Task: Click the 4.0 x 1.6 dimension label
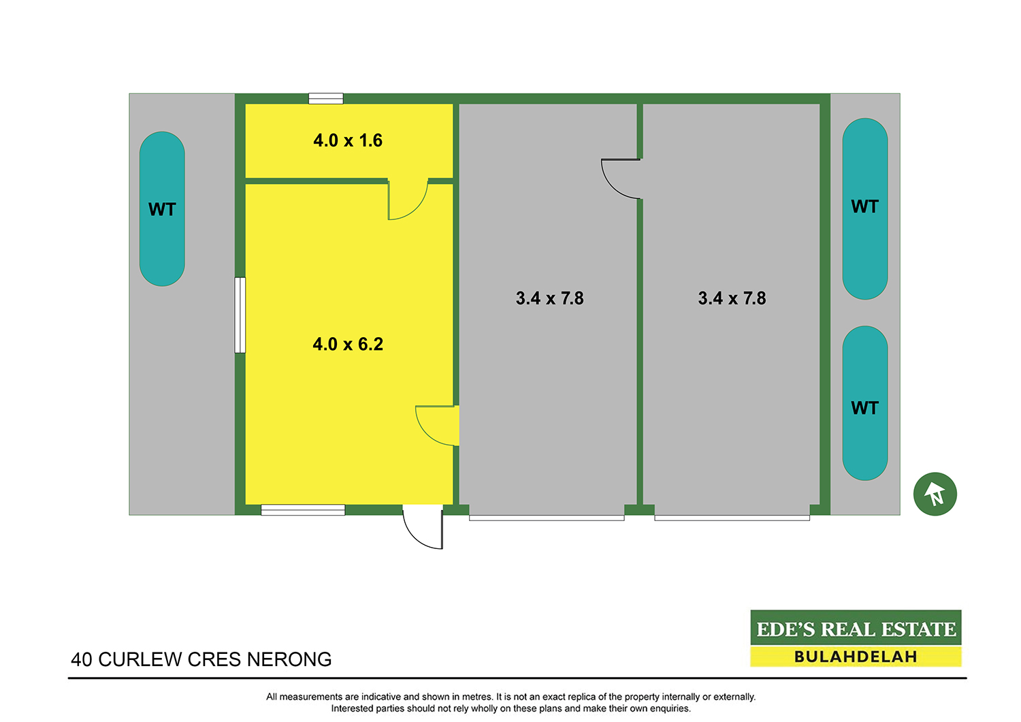click(348, 140)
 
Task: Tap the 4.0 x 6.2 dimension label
click(348, 345)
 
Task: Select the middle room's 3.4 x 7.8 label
click(550, 298)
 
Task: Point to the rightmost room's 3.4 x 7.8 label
click(732, 298)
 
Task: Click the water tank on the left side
click(162, 209)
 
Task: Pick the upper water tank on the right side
click(865, 209)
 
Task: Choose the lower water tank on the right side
click(865, 403)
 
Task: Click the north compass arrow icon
click(935, 494)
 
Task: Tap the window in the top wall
click(326, 99)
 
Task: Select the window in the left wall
click(240, 315)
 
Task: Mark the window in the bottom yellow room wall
click(303, 510)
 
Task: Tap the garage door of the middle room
click(547, 518)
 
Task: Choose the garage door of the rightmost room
click(732, 518)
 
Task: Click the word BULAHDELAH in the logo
click(856, 657)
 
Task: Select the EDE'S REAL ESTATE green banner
click(856, 627)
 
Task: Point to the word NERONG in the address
click(289, 659)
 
